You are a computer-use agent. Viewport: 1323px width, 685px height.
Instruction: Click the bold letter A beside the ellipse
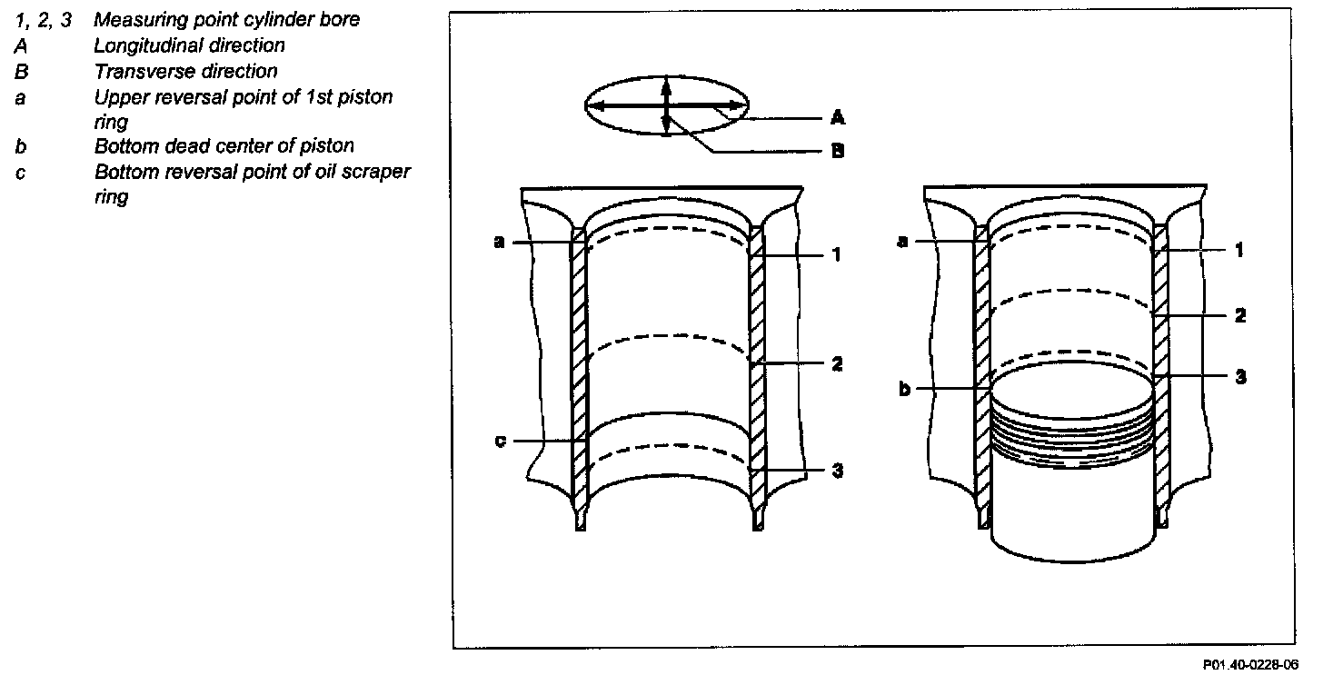coord(838,117)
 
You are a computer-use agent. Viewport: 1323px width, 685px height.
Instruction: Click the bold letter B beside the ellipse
coord(838,150)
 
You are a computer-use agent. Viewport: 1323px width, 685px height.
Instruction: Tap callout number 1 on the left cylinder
coord(837,255)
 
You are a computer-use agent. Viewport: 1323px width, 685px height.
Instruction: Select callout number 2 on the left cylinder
coord(837,363)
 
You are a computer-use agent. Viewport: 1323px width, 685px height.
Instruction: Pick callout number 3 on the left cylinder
coord(837,471)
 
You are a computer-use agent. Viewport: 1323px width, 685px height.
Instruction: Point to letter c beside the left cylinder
coord(500,441)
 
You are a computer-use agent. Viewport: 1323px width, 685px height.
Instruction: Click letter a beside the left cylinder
coord(499,242)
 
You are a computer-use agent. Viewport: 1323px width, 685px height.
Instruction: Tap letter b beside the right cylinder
coord(904,389)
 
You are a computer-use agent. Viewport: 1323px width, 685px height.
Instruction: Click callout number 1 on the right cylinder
coord(1238,250)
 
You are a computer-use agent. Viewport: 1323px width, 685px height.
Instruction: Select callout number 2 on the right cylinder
coord(1239,315)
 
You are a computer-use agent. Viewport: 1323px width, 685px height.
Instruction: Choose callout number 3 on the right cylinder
coord(1239,375)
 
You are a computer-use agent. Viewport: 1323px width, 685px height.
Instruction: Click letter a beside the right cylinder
coord(902,242)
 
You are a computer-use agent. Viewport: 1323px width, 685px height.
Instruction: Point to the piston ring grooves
coord(1072,436)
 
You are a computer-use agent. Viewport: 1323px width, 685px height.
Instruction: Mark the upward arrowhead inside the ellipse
coord(666,84)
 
